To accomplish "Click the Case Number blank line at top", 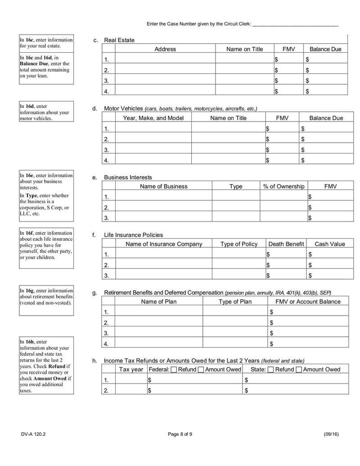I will coord(295,24).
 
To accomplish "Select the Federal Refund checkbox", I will coord(174,370).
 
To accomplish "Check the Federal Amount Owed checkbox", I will coord(201,370).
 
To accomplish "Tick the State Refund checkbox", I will coord(270,370).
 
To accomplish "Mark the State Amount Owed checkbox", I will coord(299,370).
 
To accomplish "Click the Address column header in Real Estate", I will coord(165,49).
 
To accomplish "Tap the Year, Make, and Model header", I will coord(153,118).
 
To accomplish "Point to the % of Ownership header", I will coord(283,186).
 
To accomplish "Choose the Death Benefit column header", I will coord(286,244).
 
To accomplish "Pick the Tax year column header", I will coord(131,370).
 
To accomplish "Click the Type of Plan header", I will coord(235,302).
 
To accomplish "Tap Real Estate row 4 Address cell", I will coord(165,91).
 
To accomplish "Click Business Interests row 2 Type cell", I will coord(236,208).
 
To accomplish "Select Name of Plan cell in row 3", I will coord(159,334).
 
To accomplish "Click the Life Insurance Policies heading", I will coord(133,235).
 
